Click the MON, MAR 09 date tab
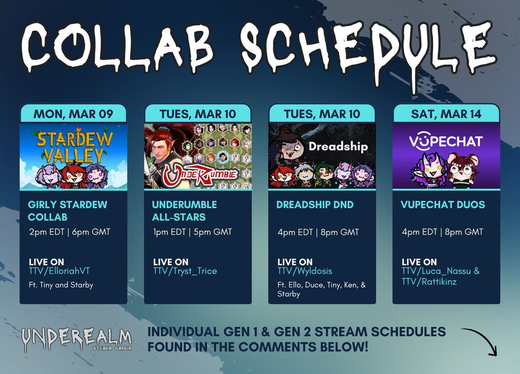[73, 114]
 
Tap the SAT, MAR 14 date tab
[446, 114]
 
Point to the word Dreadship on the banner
[338, 146]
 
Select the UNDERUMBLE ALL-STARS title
[185, 210]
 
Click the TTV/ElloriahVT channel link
[60, 271]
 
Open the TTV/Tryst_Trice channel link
[185, 271]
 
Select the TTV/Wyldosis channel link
[305, 271]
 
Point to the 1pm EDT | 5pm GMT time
[192, 232]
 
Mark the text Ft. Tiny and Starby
[61, 285]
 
